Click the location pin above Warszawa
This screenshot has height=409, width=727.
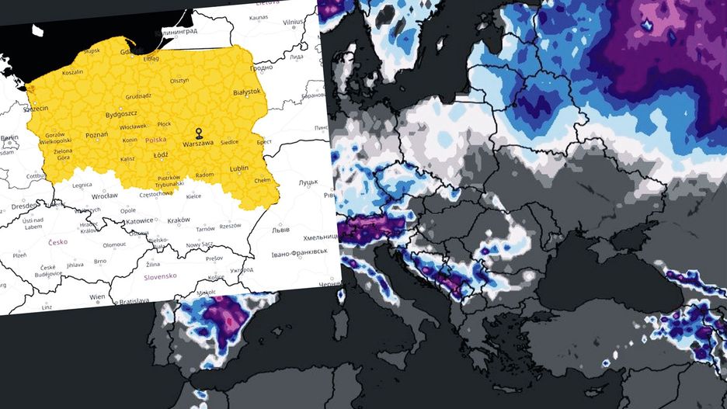(199, 132)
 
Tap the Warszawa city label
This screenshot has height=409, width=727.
(199, 144)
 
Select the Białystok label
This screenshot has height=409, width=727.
(247, 92)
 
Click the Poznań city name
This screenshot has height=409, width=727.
(97, 134)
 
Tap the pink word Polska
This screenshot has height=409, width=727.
(155, 140)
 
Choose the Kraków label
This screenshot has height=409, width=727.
(179, 220)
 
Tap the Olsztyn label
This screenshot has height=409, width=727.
(179, 80)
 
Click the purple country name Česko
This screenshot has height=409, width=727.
(57, 241)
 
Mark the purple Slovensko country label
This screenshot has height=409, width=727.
(160, 276)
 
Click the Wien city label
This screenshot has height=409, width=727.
(97, 297)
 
